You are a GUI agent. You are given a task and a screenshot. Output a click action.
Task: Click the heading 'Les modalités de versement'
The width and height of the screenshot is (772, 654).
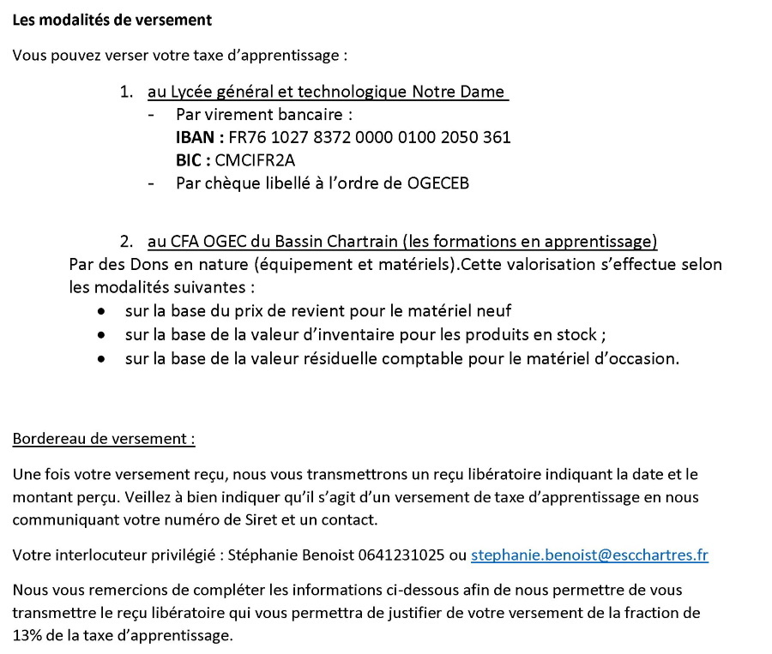click(x=112, y=19)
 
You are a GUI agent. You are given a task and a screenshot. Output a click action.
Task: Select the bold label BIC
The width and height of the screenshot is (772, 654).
click(x=190, y=159)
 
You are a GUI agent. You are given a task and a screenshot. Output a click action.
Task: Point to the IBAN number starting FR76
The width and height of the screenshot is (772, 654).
click(x=370, y=137)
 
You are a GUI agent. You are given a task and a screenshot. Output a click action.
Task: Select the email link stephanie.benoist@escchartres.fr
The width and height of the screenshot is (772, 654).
click(x=589, y=555)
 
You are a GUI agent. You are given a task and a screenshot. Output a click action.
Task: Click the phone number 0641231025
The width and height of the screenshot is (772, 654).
click(x=408, y=555)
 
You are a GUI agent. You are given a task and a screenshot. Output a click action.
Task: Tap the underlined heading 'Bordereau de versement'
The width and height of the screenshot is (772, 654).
click(x=104, y=439)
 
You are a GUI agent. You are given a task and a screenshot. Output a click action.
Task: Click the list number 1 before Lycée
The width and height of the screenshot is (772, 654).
click(x=127, y=92)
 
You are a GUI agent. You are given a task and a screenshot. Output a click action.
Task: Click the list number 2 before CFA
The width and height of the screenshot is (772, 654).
click(x=127, y=242)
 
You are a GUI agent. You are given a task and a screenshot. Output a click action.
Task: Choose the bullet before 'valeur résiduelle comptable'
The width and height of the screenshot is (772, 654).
click(x=103, y=359)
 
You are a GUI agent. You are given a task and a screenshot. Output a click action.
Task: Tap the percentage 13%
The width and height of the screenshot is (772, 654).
click(x=28, y=635)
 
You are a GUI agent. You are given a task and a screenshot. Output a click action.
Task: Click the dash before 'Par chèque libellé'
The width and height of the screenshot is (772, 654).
click(x=152, y=183)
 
